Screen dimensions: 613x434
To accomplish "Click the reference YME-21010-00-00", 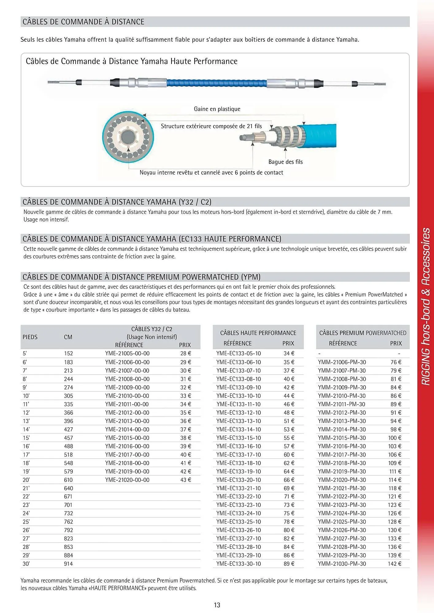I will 127,396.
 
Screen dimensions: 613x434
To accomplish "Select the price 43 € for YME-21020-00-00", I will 186,480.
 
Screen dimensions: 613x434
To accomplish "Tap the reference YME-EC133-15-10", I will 238,438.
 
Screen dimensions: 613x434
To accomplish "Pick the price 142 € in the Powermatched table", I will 394,564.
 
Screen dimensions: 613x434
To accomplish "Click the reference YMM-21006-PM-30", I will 342,362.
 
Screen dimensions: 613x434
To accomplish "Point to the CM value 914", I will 68,564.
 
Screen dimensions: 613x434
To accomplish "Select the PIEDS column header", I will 30,337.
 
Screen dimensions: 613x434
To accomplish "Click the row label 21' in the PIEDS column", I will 26,488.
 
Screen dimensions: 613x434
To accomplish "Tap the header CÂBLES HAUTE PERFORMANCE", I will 258,333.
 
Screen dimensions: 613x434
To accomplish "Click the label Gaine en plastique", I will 217,109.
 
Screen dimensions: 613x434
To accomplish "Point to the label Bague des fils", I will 285,162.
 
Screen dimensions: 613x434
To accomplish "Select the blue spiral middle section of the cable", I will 217,83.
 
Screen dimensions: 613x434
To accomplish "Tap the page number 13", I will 217,605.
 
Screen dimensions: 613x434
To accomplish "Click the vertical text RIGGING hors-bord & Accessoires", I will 426,306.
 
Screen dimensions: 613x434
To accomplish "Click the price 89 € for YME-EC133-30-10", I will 289,564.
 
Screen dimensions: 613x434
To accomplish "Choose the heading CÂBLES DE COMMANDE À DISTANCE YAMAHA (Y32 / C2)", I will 117,202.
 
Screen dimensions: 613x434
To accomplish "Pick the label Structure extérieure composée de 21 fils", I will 211,126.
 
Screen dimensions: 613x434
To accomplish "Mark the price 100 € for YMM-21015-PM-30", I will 394,438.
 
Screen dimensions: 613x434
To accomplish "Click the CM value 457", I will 68,438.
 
